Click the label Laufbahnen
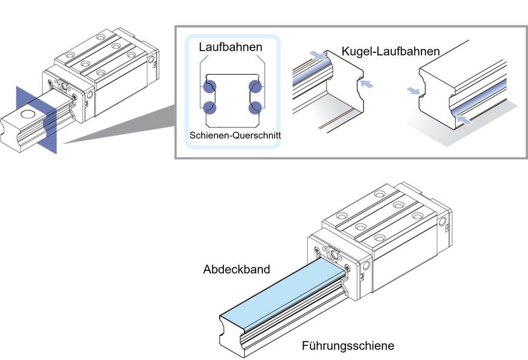(231, 47)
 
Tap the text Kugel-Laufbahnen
(391, 51)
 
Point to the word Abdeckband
(237, 269)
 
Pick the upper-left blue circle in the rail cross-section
(210, 87)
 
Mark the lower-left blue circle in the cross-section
(210, 107)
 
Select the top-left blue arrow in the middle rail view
(317, 54)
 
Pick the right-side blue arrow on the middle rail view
(368, 83)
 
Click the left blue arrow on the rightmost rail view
(414, 91)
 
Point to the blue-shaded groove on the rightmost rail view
(480, 95)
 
